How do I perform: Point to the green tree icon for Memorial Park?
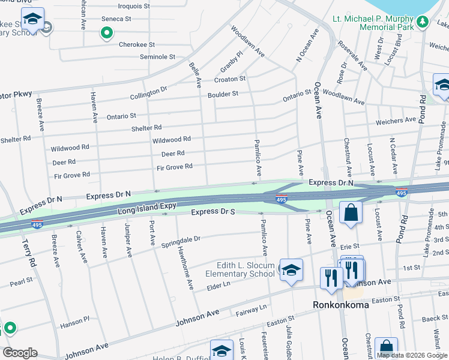pos(423,22)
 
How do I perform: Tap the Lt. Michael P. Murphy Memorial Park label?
pos(373,23)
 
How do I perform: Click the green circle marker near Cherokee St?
pos(107,33)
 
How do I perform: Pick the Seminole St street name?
pos(157,57)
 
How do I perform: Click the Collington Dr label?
pos(149,94)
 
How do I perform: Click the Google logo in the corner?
pos(20,353)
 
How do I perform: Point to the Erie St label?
pos(349,246)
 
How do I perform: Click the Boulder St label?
pos(223,94)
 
